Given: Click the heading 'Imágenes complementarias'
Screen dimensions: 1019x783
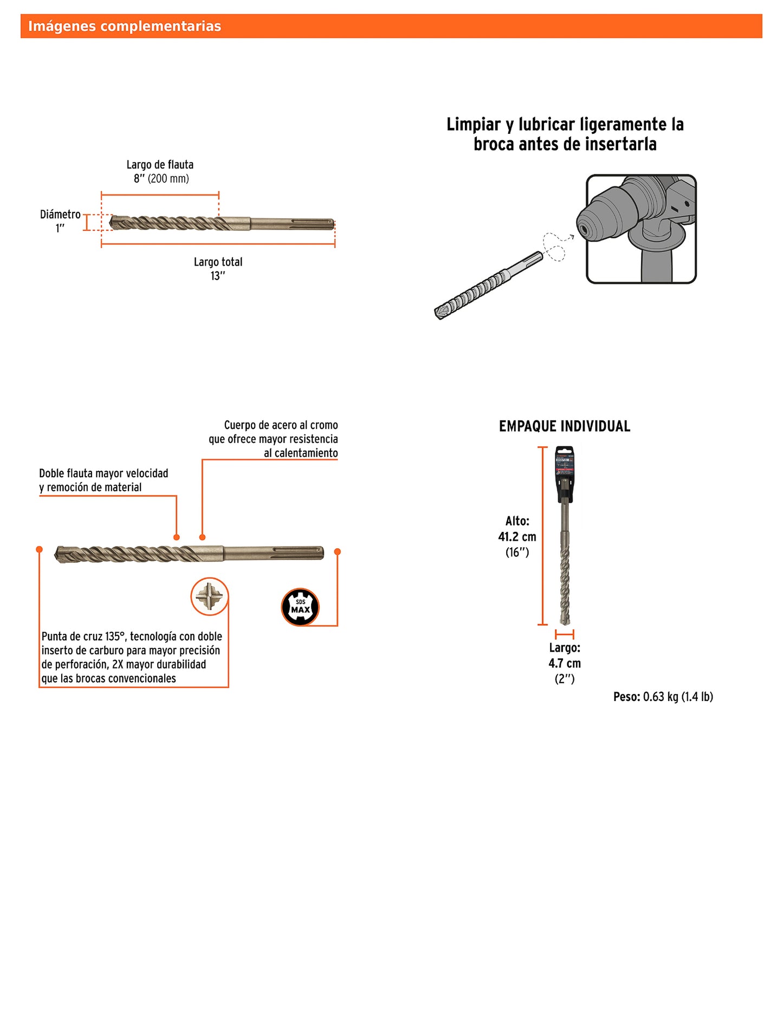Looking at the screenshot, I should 124,26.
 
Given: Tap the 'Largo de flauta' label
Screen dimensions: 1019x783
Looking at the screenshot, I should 160,165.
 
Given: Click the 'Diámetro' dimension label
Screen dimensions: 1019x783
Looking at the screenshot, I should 60,215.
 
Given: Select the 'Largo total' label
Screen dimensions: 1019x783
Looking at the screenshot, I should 218,262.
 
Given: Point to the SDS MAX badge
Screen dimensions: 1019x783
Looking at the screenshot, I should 300,607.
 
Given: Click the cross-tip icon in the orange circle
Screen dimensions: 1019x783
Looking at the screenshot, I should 209,596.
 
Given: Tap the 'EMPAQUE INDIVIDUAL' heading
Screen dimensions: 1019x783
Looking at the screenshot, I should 564,426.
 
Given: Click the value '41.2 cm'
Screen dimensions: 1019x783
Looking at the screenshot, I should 517,537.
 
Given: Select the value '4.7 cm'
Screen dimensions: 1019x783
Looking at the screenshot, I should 564,663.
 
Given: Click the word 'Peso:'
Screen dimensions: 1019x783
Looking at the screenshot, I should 626,697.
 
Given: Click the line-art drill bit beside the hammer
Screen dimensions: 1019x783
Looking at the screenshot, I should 487,285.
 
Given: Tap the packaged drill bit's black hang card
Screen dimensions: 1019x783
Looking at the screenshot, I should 564,471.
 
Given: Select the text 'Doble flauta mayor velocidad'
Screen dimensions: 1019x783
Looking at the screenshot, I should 103,473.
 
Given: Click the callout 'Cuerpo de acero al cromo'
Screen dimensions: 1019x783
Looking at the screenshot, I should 281,425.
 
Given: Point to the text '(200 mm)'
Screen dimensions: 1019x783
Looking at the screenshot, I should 169,179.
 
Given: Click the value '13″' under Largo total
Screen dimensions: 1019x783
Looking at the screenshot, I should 217,276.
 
